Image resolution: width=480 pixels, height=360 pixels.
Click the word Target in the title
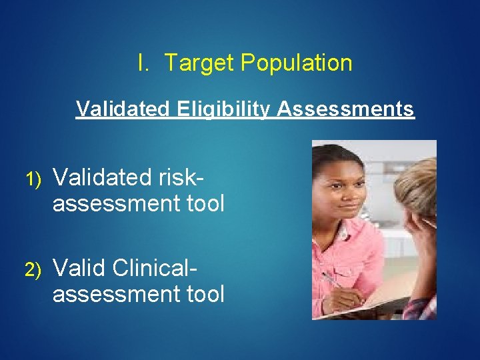199,63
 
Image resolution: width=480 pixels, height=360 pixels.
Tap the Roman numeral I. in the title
143,63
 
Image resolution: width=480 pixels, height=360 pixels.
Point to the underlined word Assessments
345,109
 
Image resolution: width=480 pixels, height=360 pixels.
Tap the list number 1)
33,179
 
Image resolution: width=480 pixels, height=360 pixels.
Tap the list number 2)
33,269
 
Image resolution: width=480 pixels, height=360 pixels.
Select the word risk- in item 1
181,177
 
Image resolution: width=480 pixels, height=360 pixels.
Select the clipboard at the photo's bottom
373,303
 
